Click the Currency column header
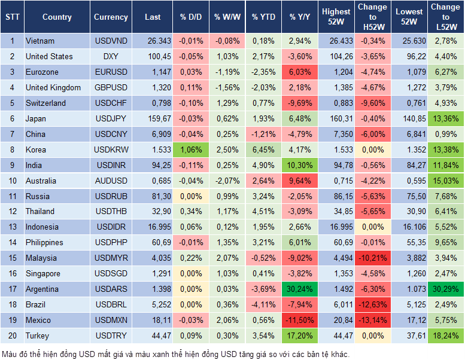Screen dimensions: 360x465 pos(111,17)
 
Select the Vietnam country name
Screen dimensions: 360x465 pos(40,41)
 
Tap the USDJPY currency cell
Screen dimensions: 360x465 pos(111,118)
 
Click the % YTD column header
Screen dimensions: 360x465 pos(263,17)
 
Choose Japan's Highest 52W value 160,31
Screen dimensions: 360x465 pos(336,118)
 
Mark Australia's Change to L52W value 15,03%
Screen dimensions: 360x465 pos(445,180)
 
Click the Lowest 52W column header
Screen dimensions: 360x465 pos(409,17)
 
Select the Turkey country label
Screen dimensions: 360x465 pos(37,335)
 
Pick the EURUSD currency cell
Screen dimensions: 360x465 pos(111,72)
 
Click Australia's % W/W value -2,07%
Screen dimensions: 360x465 pos(227,180)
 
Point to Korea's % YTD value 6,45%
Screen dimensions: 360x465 pos(263,150)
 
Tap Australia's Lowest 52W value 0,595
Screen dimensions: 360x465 pos(409,180)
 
